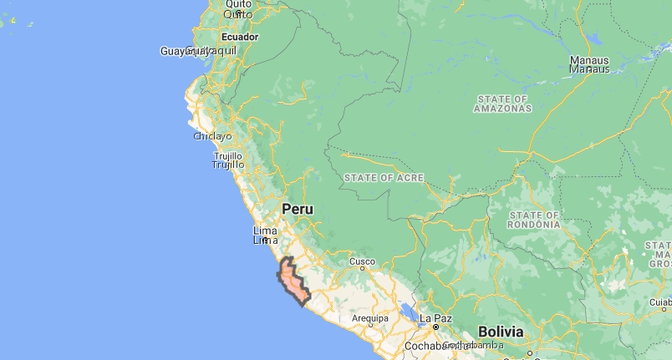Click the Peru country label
298,209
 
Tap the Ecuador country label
240,37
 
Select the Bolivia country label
501,332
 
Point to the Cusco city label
362,261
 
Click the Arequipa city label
370,318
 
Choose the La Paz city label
435,318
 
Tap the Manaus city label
589,64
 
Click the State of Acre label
384,178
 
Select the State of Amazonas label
504,104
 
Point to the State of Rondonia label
536,220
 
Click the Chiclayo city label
212,136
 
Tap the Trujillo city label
227,160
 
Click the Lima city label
264,235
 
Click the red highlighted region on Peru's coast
293,280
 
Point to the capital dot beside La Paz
435,327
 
